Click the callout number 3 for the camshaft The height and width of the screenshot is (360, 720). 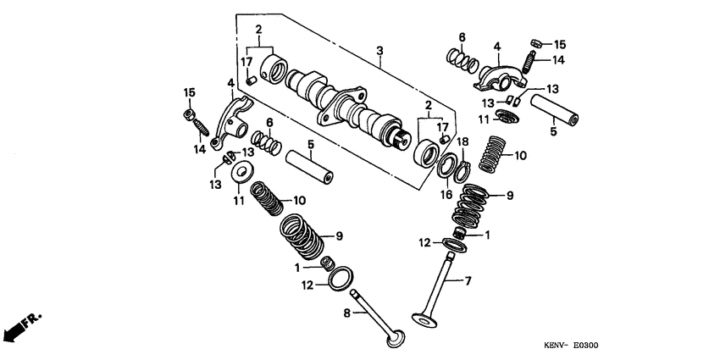tap(380, 51)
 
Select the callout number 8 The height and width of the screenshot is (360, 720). tap(346, 313)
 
